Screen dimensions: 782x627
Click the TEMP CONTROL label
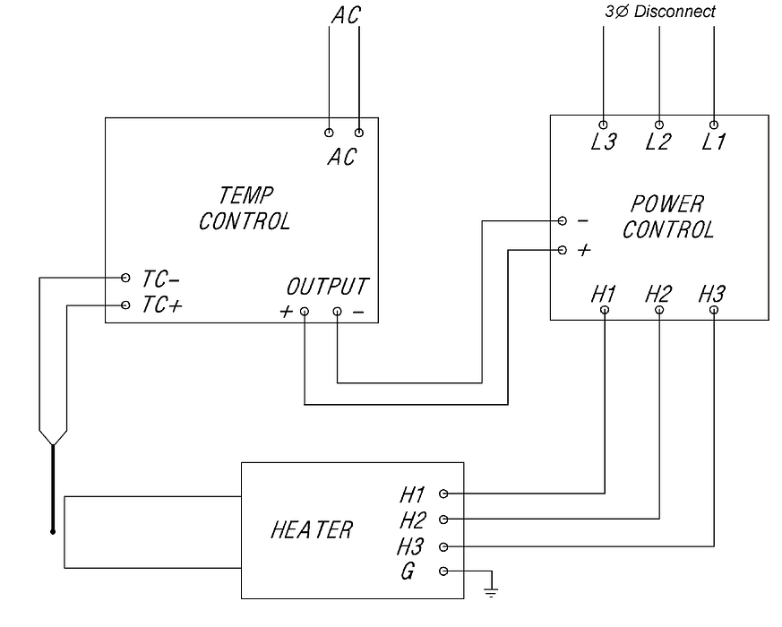[245, 209]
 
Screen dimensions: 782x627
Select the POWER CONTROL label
[668, 217]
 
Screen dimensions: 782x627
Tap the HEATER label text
[312, 529]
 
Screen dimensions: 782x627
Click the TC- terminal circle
[125, 278]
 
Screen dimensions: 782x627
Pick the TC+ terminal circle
[125, 305]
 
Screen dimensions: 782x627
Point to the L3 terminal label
[604, 142]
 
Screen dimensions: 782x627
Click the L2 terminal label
[658, 142]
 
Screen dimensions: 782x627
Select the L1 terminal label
[713, 142]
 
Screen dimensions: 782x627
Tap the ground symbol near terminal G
[491, 592]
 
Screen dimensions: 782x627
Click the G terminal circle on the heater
[443, 571]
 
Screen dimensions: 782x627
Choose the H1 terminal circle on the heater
[443, 494]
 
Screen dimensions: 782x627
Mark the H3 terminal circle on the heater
[443, 547]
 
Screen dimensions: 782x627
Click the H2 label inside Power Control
[658, 295]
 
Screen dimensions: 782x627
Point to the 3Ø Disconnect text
[660, 12]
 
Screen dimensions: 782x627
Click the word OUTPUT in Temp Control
[327, 287]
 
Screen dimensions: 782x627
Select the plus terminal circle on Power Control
[562, 250]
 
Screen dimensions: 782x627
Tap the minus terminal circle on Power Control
[562, 220]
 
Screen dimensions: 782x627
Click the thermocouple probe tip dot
[53, 532]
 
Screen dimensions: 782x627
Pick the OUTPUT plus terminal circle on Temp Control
[305, 312]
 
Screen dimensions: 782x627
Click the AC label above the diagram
[346, 15]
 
